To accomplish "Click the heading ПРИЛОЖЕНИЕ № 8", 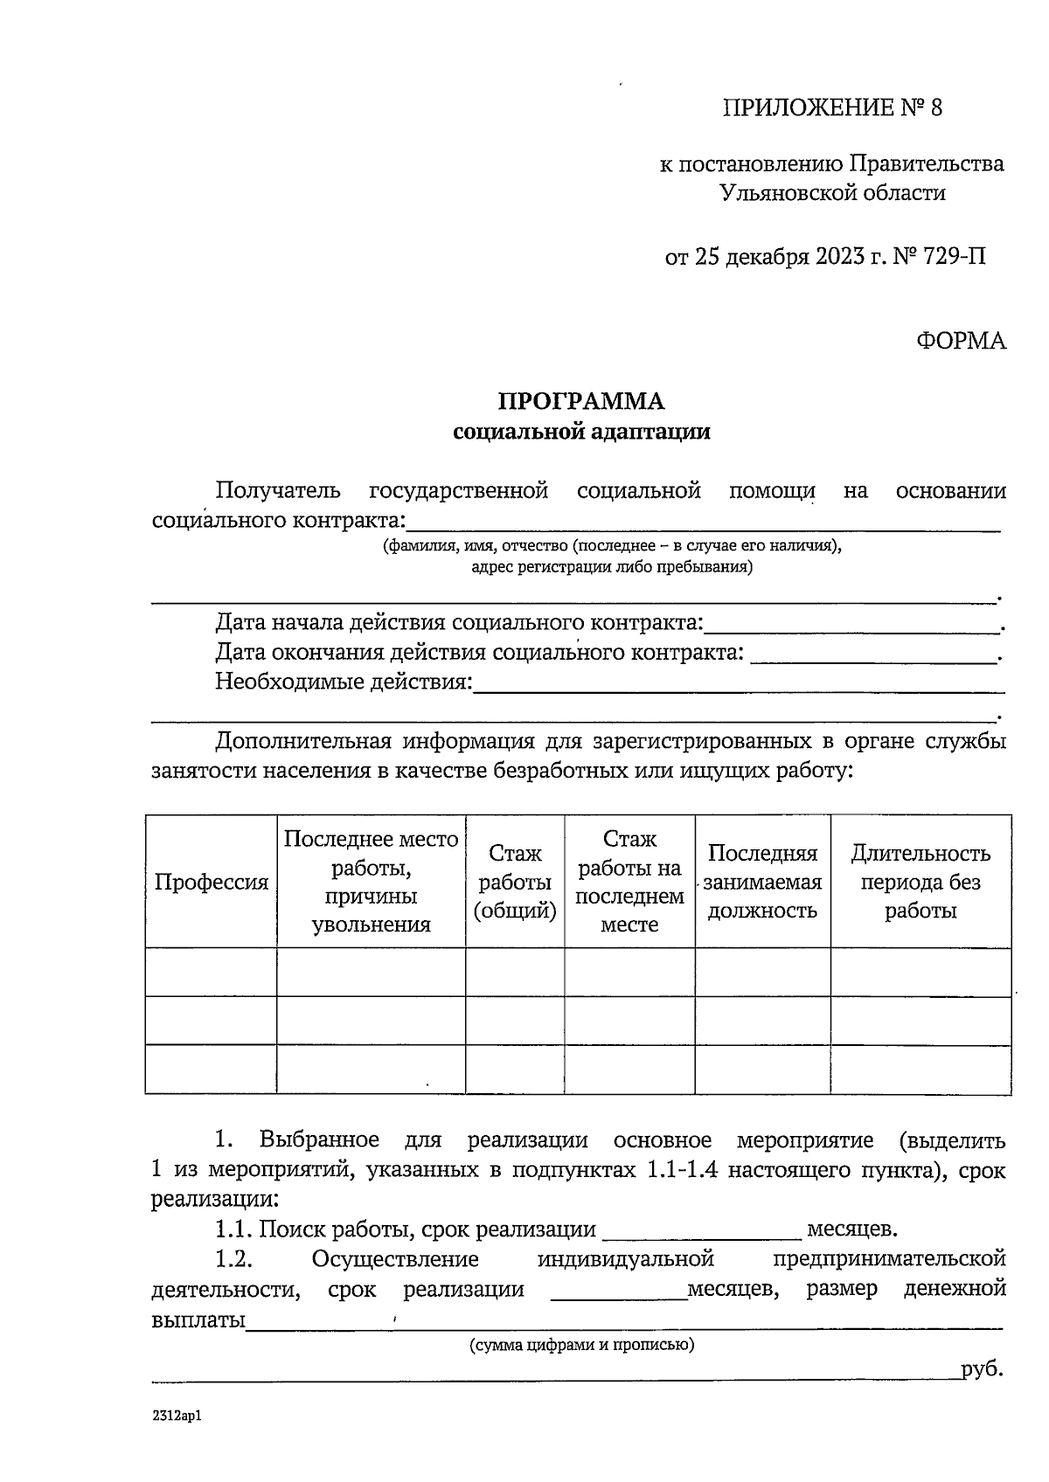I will (832, 108).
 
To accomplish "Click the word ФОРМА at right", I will (961, 341).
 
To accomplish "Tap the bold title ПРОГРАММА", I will (581, 401).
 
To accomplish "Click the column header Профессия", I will (211, 882).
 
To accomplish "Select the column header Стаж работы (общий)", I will (515, 882).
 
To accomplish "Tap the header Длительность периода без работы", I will (920, 882).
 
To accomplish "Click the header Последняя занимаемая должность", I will (762, 882).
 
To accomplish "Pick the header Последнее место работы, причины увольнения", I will (371, 882).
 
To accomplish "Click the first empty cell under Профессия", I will (211, 972).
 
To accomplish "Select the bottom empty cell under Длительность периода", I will (920, 1069).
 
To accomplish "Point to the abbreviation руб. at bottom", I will (982, 1369).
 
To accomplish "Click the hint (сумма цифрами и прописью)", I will (581, 1345).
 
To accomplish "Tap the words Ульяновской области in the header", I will (832, 192).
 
